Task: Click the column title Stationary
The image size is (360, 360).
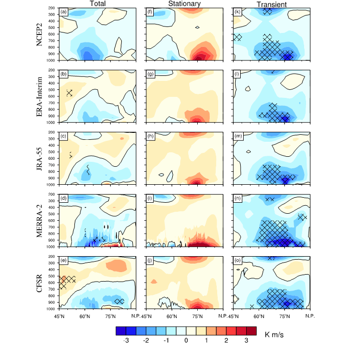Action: click(184, 4)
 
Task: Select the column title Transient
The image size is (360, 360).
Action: click(271, 4)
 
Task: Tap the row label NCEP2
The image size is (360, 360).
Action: click(39, 34)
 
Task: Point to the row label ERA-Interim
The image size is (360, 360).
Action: click(39, 96)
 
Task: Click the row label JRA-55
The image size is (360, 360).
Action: click(39, 158)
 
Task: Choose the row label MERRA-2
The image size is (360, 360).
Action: click(39, 220)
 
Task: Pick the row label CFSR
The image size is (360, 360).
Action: click(39, 282)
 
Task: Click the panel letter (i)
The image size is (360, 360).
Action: click(150, 198)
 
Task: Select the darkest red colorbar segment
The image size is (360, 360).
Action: click(251, 331)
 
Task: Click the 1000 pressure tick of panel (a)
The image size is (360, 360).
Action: click(52, 60)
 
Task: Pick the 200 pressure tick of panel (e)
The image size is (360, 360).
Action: click(52, 256)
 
